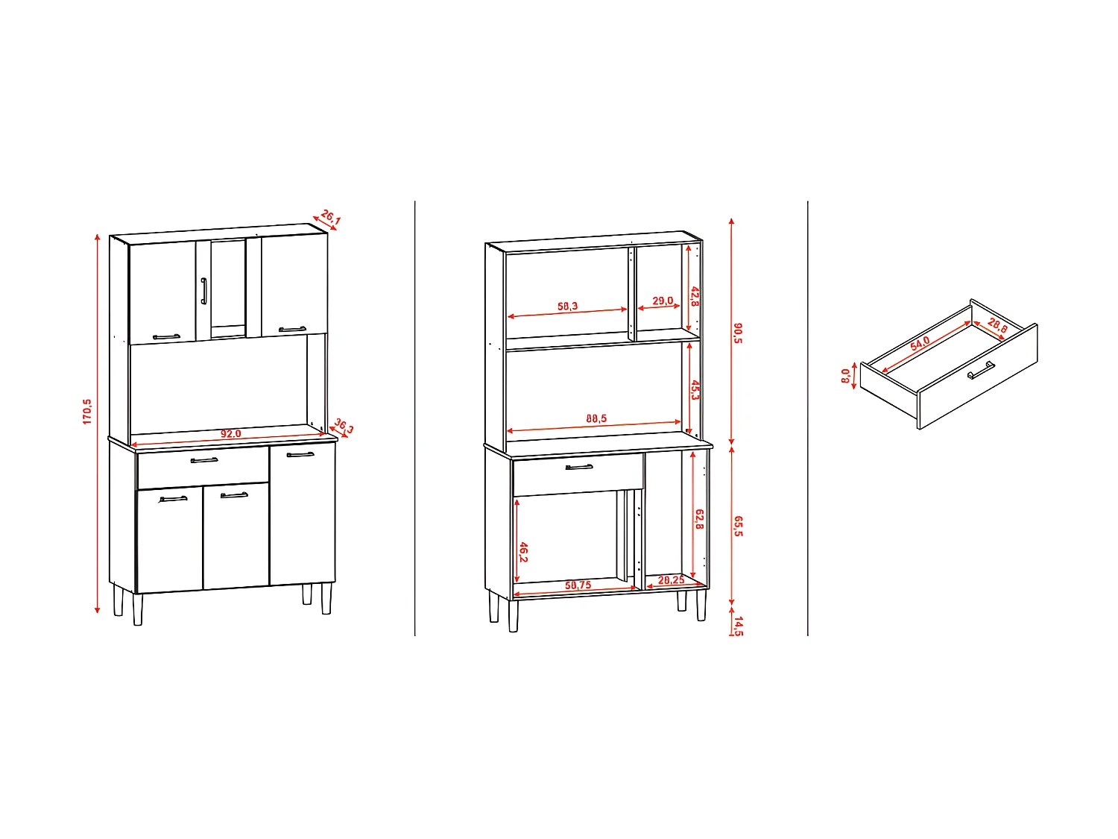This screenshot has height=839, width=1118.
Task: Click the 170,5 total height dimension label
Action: [x=87, y=412]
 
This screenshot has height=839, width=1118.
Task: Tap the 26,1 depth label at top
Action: [x=330, y=218]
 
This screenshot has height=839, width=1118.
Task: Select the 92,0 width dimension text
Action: [x=231, y=434]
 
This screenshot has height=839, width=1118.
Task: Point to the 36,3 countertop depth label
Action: [x=344, y=426]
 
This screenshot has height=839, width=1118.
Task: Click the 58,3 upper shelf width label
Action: [x=567, y=307]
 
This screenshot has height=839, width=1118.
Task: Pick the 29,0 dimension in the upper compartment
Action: [x=662, y=301]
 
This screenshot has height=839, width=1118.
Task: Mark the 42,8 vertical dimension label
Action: [x=695, y=297]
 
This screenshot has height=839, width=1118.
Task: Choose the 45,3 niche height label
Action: [x=695, y=390]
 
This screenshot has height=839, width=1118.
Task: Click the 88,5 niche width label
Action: [x=596, y=419]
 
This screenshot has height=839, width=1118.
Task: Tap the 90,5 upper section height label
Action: [x=738, y=333]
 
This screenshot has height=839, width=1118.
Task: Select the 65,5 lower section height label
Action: [x=738, y=526]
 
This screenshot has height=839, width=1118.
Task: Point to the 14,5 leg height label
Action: [x=738, y=625]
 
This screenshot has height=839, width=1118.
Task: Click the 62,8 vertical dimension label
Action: [x=699, y=519]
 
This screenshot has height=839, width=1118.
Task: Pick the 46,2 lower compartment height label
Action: [x=523, y=553]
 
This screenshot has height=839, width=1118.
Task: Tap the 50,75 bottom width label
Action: [x=578, y=585]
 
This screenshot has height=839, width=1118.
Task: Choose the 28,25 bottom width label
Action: [x=671, y=580]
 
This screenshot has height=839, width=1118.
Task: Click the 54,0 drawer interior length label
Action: [x=920, y=343]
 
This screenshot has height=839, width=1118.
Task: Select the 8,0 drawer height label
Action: [x=846, y=376]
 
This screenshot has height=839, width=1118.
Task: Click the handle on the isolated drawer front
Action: [x=981, y=370]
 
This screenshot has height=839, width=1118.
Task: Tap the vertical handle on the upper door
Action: [x=203, y=291]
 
